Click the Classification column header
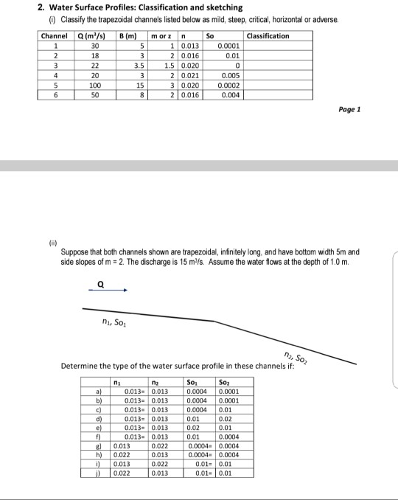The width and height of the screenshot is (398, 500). click(x=268, y=36)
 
